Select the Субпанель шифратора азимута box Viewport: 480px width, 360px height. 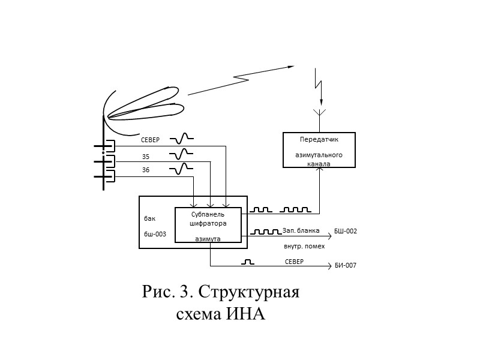click(x=208, y=225)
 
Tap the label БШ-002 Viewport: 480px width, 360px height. click(x=345, y=231)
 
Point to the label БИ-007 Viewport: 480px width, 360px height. click(x=346, y=265)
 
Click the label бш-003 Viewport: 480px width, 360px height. click(x=155, y=235)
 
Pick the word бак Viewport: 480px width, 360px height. click(x=149, y=218)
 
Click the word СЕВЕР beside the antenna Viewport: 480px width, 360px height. click(x=151, y=140)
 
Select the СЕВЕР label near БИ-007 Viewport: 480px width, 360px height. click(x=294, y=262)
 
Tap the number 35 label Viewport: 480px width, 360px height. click(x=146, y=157)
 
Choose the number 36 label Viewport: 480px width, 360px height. click(x=146, y=170)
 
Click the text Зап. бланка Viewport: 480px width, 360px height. click(x=301, y=230)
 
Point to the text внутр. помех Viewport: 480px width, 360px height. click(x=304, y=246)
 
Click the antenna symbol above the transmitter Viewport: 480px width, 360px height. click(x=320, y=113)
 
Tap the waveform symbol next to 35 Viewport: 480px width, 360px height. click(x=182, y=154)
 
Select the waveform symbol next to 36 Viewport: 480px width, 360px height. click(x=182, y=169)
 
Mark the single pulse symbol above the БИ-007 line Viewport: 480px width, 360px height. click(x=248, y=262)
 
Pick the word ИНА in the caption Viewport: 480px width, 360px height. click(x=245, y=314)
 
